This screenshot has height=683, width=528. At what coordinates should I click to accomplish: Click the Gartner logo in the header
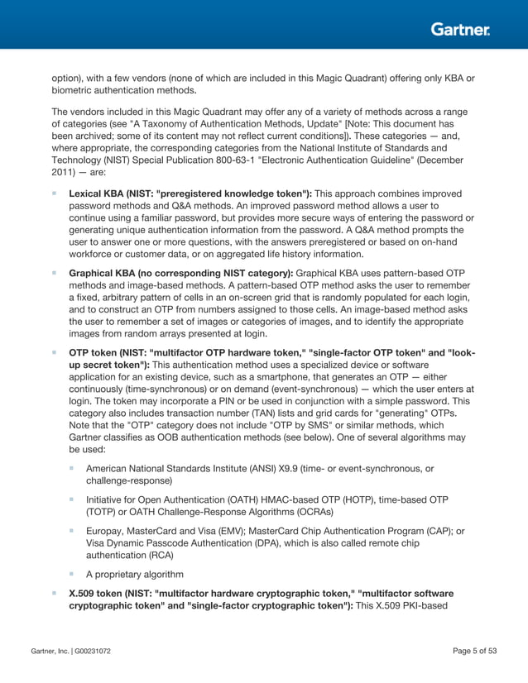pos(460,30)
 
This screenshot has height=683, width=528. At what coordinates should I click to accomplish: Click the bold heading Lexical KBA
pos(102,193)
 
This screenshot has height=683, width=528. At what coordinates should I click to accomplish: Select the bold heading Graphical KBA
pos(108,271)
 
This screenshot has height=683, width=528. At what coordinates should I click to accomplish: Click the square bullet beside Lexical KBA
pos(55,193)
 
